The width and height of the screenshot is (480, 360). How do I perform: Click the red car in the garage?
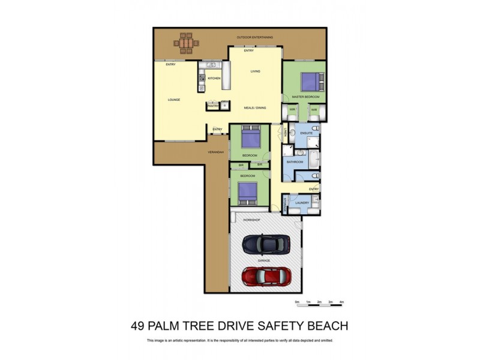[266, 277]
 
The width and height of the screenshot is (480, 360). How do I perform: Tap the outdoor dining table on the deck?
[186, 43]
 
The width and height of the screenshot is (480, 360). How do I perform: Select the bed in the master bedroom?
[311, 81]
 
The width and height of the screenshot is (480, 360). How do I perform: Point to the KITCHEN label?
[214, 79]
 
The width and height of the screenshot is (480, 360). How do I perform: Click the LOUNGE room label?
[174, 100]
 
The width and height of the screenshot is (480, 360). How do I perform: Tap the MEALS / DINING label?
[254, 108]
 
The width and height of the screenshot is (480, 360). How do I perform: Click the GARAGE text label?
[263, 261]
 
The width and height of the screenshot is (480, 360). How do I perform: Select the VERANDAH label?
[216, 152]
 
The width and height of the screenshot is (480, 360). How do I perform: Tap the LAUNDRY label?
[302, 203]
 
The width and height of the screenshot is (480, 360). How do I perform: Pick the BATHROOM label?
[294, 162]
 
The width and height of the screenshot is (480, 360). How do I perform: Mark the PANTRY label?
[212, 104]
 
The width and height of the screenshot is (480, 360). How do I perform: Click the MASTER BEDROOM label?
[305, 97]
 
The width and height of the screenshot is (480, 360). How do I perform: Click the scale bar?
[319, 305]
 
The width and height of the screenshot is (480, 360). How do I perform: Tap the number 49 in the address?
[139, 326]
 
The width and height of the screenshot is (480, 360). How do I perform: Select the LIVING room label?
[255, 72]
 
